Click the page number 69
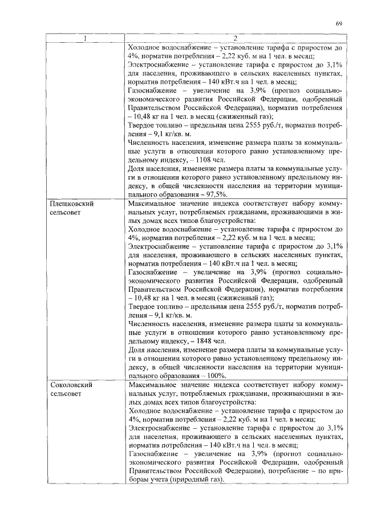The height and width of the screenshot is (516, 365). (x=338, y=23)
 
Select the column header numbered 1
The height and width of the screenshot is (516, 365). (x=86, y=39)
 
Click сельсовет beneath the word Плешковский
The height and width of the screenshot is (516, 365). (x=67, y=212)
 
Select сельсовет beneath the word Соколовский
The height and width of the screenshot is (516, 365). (x=67, y=394)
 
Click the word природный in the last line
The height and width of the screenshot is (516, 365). (x=182, y=480)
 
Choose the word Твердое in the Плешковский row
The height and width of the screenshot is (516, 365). (x=143, y=306)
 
